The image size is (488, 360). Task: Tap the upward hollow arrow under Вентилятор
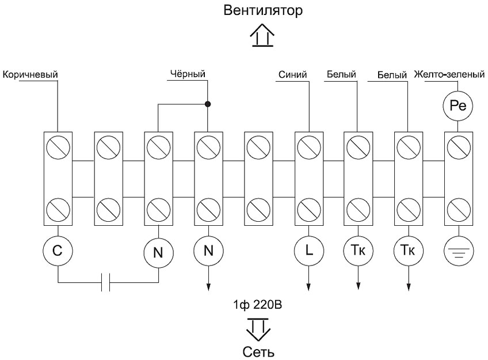(x=262, y=37)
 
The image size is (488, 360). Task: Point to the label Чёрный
(x=188, y=74)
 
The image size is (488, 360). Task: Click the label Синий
(x=292, y=74)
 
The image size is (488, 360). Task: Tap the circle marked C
(x=58, y=251)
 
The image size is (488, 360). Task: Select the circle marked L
(x=309, y=251)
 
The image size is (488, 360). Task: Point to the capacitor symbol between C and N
(x=105, y=283)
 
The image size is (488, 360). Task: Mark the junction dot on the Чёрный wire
(x=208, y=104)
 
